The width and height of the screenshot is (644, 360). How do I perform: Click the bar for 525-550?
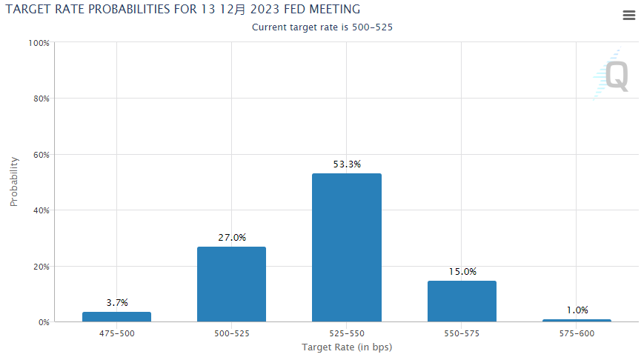(x=346, y=247)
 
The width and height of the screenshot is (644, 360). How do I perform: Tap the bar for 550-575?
(x=461, y=301)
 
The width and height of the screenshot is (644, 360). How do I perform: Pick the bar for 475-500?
(x=116, y=316)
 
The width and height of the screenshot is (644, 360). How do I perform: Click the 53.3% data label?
(x=346, y=164)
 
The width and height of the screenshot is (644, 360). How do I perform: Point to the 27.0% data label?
(x=231, y=238)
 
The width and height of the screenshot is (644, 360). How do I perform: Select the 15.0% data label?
(x=462, y=272)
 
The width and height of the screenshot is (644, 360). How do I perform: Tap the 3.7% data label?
(x=116, y=302)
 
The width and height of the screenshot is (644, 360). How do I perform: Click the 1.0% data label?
(x=577, y=310)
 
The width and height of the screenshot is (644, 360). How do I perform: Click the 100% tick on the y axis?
(x=38, y=43)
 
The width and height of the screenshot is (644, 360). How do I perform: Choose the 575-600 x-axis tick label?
(x=577, y=334)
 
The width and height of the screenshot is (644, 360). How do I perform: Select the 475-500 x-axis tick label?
(x=116, y=334)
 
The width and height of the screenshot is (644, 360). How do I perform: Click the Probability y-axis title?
(x=13, y=181)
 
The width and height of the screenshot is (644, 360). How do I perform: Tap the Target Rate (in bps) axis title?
(x=346, y=347)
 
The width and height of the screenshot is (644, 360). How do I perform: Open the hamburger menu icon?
(x=629, y=16)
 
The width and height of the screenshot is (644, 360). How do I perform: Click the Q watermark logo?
(x=615, y=76)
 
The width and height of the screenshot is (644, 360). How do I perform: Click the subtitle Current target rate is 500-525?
(x=322, y=27)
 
